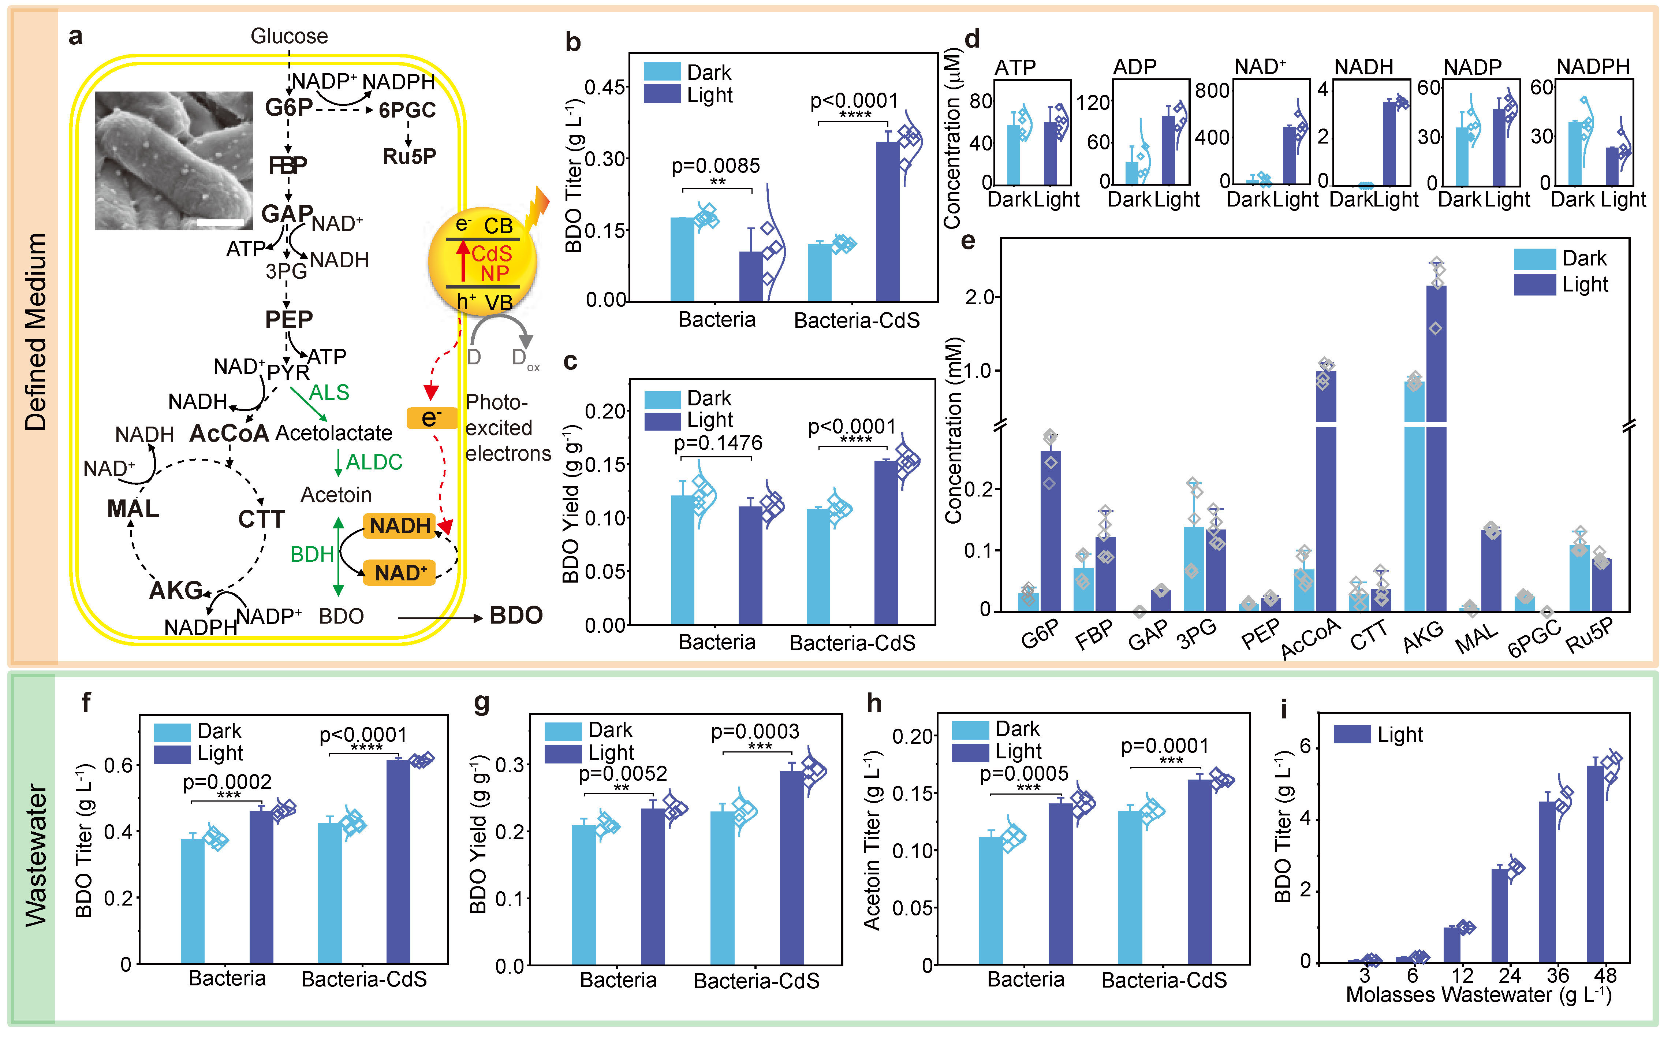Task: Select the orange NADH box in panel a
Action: pyautogui.click(x=400, y=526)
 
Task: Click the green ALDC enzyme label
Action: pyautogui.click(x=374, y=462)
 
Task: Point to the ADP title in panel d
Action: pyautogui.click(x=1135, y=67)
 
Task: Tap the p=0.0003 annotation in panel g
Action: pyautogui.click(x=755, y=732)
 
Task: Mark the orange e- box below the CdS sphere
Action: pyautogui.click(x=431, y=418)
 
